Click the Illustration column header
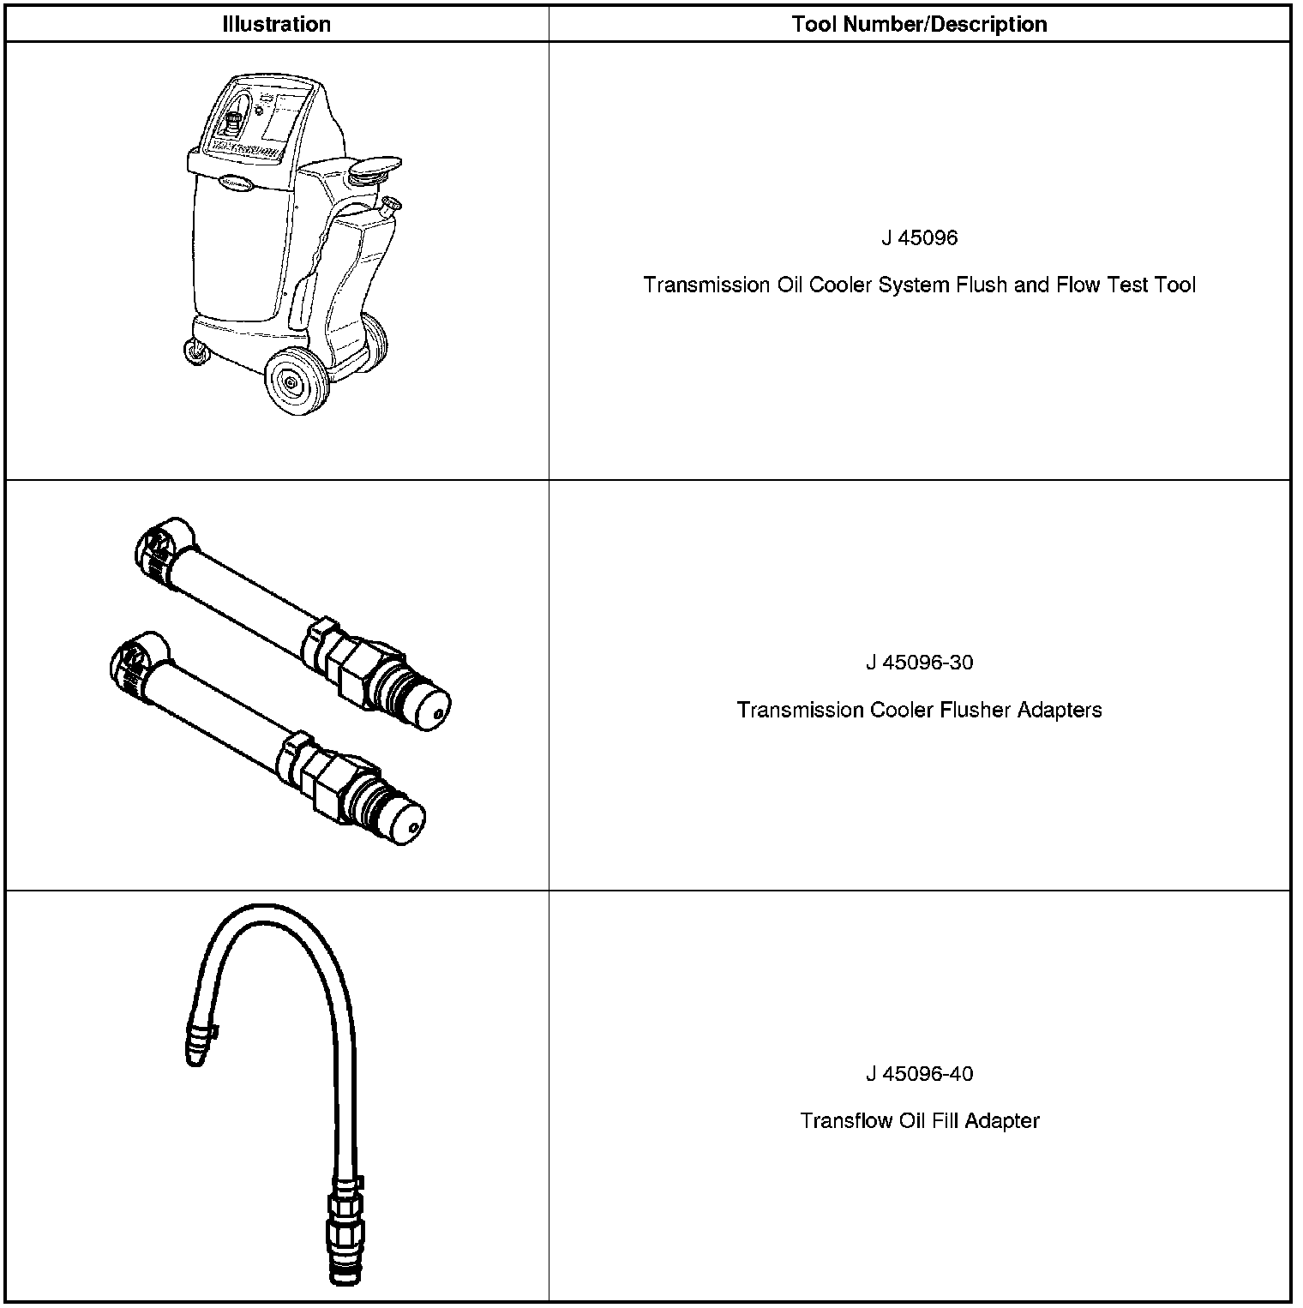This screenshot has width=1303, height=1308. click(276, 24)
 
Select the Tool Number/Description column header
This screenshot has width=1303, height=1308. click(919, 24)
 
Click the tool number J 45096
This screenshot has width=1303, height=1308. click(919, 237)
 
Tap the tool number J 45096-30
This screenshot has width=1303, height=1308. click(919, 663)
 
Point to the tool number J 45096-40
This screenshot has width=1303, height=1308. click(919, 1073)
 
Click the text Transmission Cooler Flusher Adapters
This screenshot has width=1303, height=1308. click(919, 710)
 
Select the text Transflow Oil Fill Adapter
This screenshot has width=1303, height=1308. click(919, 1120)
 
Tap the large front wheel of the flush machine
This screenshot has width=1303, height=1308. click(296, 382)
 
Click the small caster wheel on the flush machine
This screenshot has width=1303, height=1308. click(196, 351)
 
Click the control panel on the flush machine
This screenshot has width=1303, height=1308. click(257, 120)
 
